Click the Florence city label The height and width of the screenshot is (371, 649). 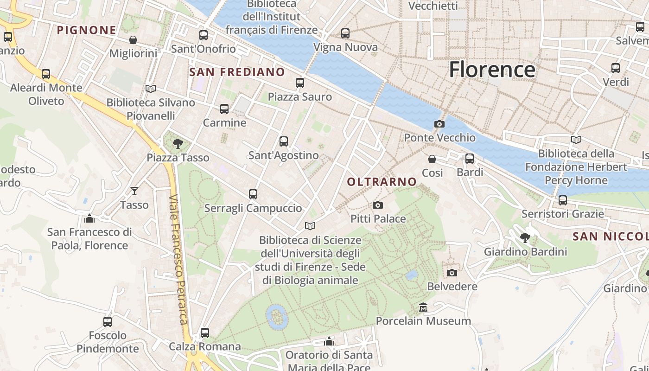tap(492, 70)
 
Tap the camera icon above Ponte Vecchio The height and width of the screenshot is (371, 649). tap(439, 124)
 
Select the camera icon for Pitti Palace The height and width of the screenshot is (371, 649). tap(378, 205)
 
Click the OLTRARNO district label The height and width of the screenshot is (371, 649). tap(382, 182)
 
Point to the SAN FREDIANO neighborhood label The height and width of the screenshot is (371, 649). tap(237, 72)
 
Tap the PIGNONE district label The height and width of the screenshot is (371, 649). tap(86, 31)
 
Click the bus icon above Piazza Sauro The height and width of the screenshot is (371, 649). tap(300, 83)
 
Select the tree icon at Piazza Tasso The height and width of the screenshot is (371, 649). tap(178, 144)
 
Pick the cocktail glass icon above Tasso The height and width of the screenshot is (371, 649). tap(134, 191)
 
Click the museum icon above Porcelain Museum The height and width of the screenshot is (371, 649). tap(423, 307)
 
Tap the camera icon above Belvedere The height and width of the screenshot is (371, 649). tap(452, 273)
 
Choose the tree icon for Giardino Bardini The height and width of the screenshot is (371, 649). tap(525, 238)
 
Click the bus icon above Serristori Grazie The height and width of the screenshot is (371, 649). tap(563, 200)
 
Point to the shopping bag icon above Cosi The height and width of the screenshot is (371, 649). tap(432, 159)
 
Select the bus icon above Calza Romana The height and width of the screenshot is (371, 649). tap(205, 333)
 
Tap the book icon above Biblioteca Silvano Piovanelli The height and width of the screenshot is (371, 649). tap(151, 89)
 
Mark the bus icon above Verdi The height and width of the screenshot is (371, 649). tap(616, 68)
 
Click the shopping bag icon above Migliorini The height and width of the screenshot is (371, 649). tap(133, 40)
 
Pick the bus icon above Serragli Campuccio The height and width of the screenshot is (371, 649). tap(253, 194)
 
